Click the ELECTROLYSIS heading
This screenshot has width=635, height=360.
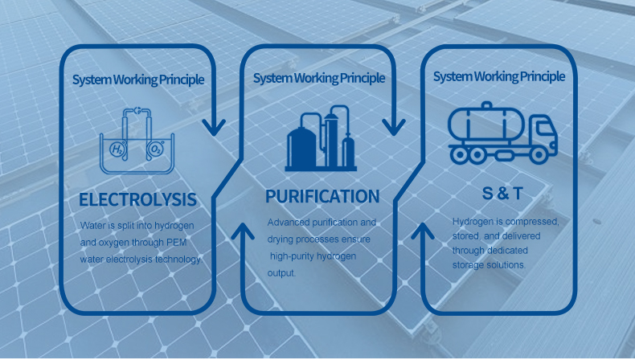click(137, 199)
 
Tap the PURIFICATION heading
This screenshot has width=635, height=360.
click(322, 196)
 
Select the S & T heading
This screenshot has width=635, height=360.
click(502, 194)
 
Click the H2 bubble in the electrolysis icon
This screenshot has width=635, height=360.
click(117, 149)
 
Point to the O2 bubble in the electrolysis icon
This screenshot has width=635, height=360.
click(155, 149)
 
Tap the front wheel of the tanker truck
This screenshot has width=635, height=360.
click(539, 155)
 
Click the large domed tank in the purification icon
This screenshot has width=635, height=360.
click(301, 145)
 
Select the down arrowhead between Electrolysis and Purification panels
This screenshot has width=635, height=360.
click(214, 127)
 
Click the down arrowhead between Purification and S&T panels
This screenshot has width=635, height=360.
click(393, 127)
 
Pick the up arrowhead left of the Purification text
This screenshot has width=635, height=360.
click(243, 231)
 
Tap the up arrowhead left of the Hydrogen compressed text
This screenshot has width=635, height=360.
click(422, 231)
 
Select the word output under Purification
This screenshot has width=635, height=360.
click(281, 273)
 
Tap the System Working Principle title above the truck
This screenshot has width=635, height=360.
click(499, 76)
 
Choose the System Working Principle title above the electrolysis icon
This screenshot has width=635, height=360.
click(138, 80)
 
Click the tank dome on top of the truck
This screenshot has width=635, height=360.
click(487, 106)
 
